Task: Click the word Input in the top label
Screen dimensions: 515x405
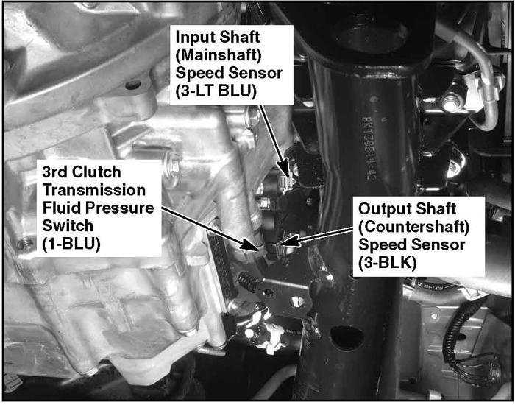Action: [193, 38]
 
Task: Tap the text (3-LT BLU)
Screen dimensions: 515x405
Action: [216, 91]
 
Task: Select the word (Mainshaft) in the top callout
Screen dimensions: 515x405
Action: [219, 55]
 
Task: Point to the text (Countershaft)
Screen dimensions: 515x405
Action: [413, 227]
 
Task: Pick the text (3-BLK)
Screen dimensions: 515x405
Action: [387, 263]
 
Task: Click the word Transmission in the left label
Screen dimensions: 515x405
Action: [94, 190]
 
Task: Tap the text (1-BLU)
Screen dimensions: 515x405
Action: [71, 244]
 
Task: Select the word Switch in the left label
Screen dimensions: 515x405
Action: [68, 226]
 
